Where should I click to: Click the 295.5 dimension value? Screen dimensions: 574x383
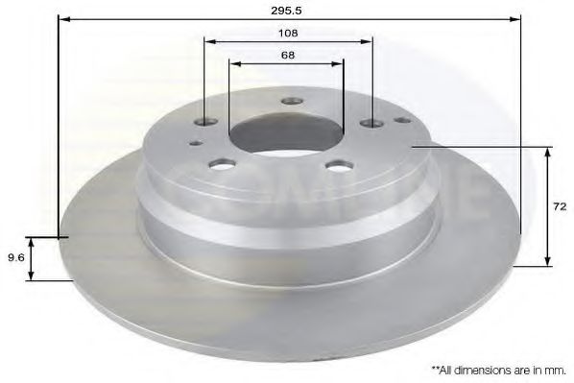coord(286,11)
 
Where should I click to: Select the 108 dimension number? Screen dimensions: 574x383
coord(288,34)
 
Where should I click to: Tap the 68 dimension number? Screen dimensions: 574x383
coord(288,56)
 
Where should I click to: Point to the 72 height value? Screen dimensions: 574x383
coord(560,206)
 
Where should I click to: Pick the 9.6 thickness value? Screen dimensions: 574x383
coord(15,258)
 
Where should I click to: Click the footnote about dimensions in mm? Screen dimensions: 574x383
coord(498,371)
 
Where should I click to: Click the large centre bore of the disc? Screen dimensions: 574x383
coord(286,133)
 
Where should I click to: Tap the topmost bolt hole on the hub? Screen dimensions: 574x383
coord(292,101)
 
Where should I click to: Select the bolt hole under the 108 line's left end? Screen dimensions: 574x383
coord(206,121)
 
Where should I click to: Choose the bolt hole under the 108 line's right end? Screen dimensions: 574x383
coord(371,124)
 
